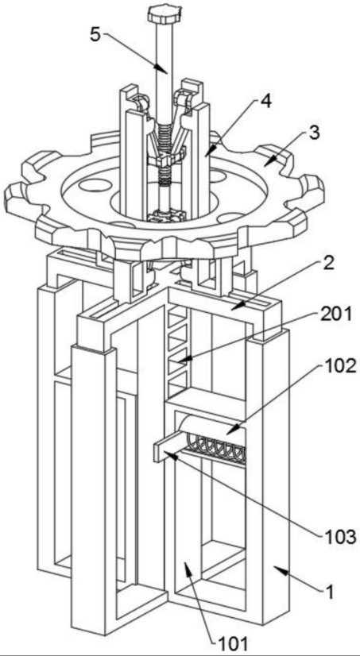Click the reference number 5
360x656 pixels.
[x=95, y=35]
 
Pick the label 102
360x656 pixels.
[x=340, y=366]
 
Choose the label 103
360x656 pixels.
[x=341, y=536]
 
